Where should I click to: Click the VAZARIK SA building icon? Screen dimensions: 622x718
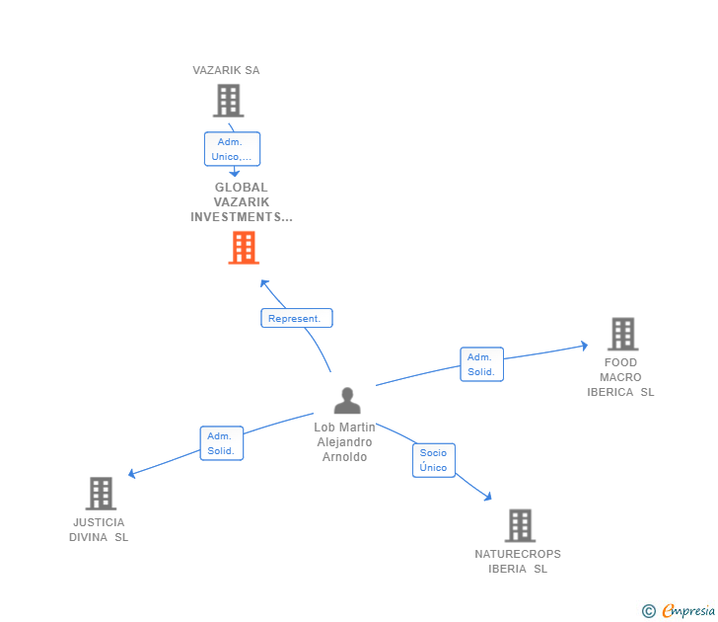[228, 101]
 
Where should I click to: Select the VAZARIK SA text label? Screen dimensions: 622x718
[226, 70]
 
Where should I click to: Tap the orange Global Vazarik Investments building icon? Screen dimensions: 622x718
[243, 248]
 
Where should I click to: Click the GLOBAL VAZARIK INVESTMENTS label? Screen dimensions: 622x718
[242, 202]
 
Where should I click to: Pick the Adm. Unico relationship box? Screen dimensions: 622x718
[232, 149]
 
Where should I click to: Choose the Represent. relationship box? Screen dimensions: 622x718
[296, 318]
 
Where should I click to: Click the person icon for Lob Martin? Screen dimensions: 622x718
[347, 400]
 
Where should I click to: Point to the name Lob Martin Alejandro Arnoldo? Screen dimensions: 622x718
[344, 442]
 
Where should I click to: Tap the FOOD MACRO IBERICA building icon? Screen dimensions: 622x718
[622, 335]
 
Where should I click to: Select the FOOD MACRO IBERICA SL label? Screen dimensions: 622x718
[620, 377]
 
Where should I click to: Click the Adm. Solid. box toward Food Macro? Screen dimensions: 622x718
[481, 364]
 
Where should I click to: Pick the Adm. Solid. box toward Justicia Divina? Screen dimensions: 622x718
[221, 443]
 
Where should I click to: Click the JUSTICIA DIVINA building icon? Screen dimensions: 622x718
[101, 493]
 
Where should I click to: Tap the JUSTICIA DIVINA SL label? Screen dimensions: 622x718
[99, 530]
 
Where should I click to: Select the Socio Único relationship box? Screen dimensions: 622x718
[433, 460]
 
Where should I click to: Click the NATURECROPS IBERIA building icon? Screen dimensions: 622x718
[520, 525]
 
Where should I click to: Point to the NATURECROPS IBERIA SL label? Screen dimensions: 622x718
[518, 561]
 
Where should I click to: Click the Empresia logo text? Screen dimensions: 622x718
[688, 610]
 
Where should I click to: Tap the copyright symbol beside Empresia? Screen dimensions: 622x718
[649, 611]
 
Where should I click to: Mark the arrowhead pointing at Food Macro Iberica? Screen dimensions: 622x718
[584, 346]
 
